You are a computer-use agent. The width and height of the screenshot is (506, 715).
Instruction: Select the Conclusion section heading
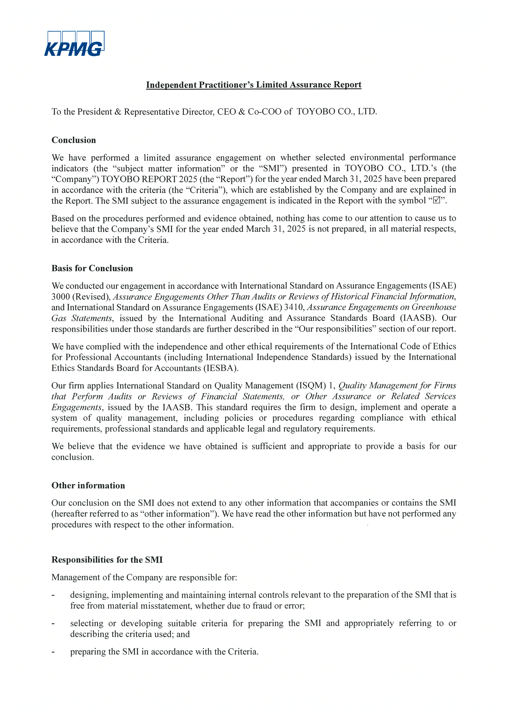[73, 140]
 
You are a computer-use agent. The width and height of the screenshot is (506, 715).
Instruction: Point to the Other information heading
[88, 486]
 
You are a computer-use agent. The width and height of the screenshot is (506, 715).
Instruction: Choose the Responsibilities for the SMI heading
[107, 560]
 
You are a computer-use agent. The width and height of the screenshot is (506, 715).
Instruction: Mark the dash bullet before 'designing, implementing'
[53, 595]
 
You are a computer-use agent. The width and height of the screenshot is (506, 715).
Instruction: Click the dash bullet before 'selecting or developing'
[53, 623]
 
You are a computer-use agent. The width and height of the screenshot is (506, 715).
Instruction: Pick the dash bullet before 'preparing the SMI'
[53, 652]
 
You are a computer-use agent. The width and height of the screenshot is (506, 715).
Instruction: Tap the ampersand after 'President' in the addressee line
[118, 112]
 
